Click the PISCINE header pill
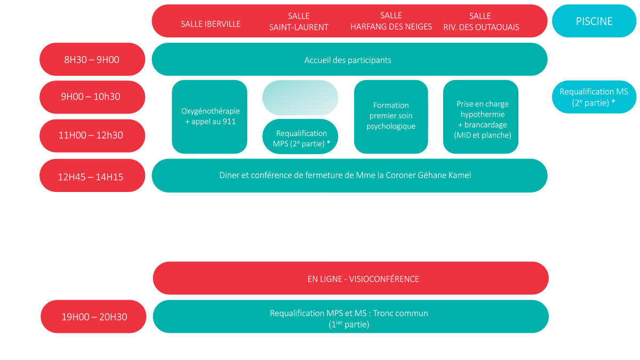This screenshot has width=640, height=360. (x=594, y=21)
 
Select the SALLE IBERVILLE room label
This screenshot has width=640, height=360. (x=211, y=24)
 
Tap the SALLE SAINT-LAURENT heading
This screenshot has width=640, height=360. (x=299, y=21)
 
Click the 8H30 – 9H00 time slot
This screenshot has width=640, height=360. (x=92, y=59)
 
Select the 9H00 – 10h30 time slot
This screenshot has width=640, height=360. (x=92, y=97)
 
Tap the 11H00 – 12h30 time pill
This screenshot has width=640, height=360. (x=92, y=135)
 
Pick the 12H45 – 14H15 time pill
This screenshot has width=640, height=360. (x=92, y=175)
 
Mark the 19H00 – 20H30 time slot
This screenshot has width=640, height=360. (x=93, y=317)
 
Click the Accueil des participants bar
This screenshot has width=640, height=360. (x=349, y=59)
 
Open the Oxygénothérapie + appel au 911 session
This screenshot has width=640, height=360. (x=210, y=117)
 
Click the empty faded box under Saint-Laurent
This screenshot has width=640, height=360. (x=300, y=98)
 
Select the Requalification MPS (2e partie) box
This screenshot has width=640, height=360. (x=300, y=137)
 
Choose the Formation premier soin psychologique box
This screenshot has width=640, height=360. (x=391, y=117)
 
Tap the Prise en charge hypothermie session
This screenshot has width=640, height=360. (x=481, y=117)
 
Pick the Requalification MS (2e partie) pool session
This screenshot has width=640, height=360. (x=594, y=97)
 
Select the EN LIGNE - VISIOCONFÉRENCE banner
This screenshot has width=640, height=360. (x=350, y=278)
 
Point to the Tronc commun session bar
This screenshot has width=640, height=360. (x=350, y=317)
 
